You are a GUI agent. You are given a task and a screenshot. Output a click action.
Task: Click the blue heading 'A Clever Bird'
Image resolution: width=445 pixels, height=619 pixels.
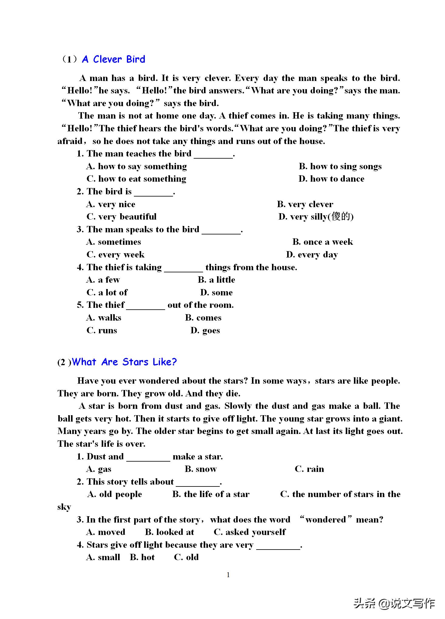(114, 59)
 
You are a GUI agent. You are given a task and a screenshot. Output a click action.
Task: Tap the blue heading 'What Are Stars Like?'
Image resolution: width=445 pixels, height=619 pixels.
(124, 362)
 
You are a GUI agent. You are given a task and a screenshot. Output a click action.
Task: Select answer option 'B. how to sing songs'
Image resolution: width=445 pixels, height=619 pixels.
(340, 167)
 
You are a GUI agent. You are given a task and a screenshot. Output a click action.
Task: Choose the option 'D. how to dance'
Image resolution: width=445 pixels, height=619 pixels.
(331, 179)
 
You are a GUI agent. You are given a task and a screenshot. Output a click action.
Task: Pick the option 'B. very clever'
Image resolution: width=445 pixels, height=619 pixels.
(305, 204)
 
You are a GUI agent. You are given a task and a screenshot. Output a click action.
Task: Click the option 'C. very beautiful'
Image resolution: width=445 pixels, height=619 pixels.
(121, 217)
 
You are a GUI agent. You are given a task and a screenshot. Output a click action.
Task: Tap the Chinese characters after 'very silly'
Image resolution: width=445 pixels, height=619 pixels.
(341, 217)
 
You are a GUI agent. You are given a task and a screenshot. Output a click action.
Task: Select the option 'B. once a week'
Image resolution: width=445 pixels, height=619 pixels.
(322, 242)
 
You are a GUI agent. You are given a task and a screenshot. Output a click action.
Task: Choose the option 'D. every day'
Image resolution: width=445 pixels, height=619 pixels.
(312, 255)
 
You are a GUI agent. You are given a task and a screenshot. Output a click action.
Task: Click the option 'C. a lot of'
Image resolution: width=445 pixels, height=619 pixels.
(107, 292)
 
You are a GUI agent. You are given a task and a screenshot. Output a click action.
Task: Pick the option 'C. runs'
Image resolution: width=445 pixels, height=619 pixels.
(102, 330)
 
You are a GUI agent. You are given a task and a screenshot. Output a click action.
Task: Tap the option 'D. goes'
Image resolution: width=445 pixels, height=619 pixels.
(205, 330)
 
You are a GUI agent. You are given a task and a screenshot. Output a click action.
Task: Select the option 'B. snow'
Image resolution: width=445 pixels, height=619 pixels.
(200, 469)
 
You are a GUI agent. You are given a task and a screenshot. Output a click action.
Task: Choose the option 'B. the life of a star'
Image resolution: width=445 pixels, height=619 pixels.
(211, 494)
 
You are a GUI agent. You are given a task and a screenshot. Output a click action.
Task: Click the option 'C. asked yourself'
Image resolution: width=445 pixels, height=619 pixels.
(250, 532)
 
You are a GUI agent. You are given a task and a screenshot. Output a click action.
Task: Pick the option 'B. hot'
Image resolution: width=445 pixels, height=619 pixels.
(142, 557)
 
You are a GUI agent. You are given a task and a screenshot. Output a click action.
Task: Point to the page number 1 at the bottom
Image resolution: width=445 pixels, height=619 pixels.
(228, 575)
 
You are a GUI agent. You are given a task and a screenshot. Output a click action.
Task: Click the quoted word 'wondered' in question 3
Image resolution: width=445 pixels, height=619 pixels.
(325, 520)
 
